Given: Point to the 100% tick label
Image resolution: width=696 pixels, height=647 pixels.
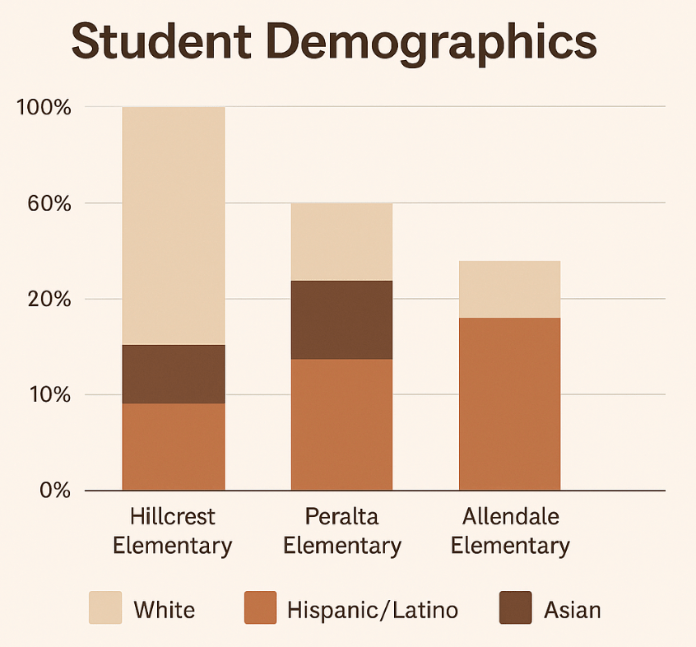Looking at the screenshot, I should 44,108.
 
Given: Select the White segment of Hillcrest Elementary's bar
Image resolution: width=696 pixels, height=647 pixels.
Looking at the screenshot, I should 174,226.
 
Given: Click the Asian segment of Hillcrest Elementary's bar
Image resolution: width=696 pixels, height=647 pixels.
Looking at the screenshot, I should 174,374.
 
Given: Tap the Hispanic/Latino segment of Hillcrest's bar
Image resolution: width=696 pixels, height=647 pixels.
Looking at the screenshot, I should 174,447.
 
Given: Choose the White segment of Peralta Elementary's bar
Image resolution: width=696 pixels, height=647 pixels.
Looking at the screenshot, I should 341,242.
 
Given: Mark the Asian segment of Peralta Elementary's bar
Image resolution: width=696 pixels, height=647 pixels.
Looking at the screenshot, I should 341,319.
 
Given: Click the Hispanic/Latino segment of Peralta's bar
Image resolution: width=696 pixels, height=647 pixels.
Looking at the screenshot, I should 341,425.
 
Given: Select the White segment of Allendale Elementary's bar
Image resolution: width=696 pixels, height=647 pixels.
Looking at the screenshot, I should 509,289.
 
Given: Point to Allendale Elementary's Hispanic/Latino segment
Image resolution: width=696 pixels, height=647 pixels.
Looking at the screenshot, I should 509,404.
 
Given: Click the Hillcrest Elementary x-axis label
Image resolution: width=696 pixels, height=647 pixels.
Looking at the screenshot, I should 173,531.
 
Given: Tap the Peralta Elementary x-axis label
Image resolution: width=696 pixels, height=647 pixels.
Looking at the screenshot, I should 341,531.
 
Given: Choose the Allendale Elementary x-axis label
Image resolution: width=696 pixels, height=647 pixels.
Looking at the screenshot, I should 510,531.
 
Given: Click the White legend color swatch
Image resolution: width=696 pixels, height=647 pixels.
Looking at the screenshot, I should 105,608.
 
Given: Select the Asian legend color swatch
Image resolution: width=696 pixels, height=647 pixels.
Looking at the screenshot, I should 515,608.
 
